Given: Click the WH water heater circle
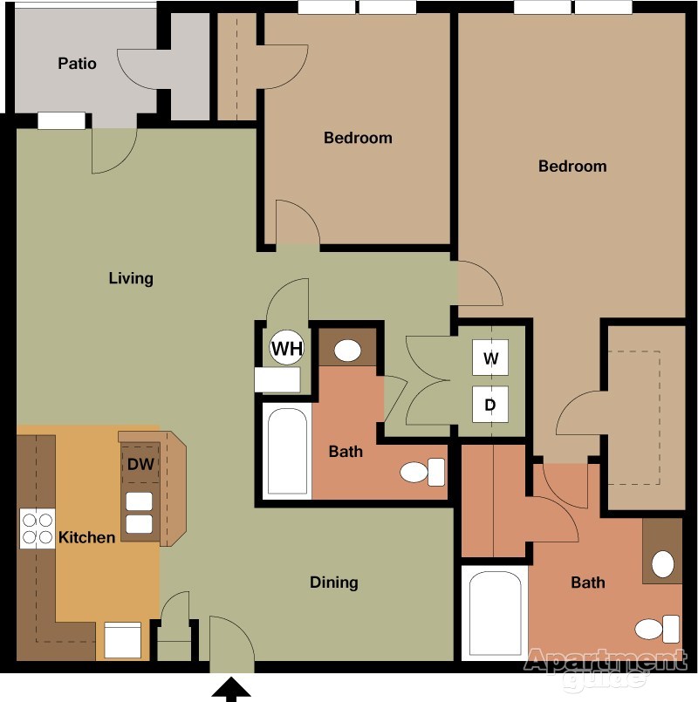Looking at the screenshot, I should click(287, 350).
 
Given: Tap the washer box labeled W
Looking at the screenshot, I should click(489, 358).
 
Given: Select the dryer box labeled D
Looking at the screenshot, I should click(489, 405).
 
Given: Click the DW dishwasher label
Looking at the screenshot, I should click(140, 464).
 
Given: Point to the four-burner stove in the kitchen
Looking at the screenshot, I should click(37, 528).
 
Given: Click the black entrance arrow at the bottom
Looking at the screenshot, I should click(231, 690).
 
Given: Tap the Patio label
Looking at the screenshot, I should click(77, 64).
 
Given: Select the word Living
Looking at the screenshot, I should click(131, 278).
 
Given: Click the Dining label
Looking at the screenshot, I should click(334, 582).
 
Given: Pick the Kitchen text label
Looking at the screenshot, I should click(86, 537).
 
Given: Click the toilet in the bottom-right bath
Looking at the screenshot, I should click(658, 628).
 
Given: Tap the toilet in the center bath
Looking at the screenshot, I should click(422, 473).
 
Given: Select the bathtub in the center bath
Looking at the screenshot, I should click(286, 452).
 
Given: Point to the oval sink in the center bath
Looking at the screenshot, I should click(347, 351).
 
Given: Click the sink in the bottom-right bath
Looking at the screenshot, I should click(663, 564).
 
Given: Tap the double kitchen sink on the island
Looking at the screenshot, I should click(140, 513).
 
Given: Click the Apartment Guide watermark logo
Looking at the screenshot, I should click(604, 667).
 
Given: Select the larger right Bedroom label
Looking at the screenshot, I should click(571, 166).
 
